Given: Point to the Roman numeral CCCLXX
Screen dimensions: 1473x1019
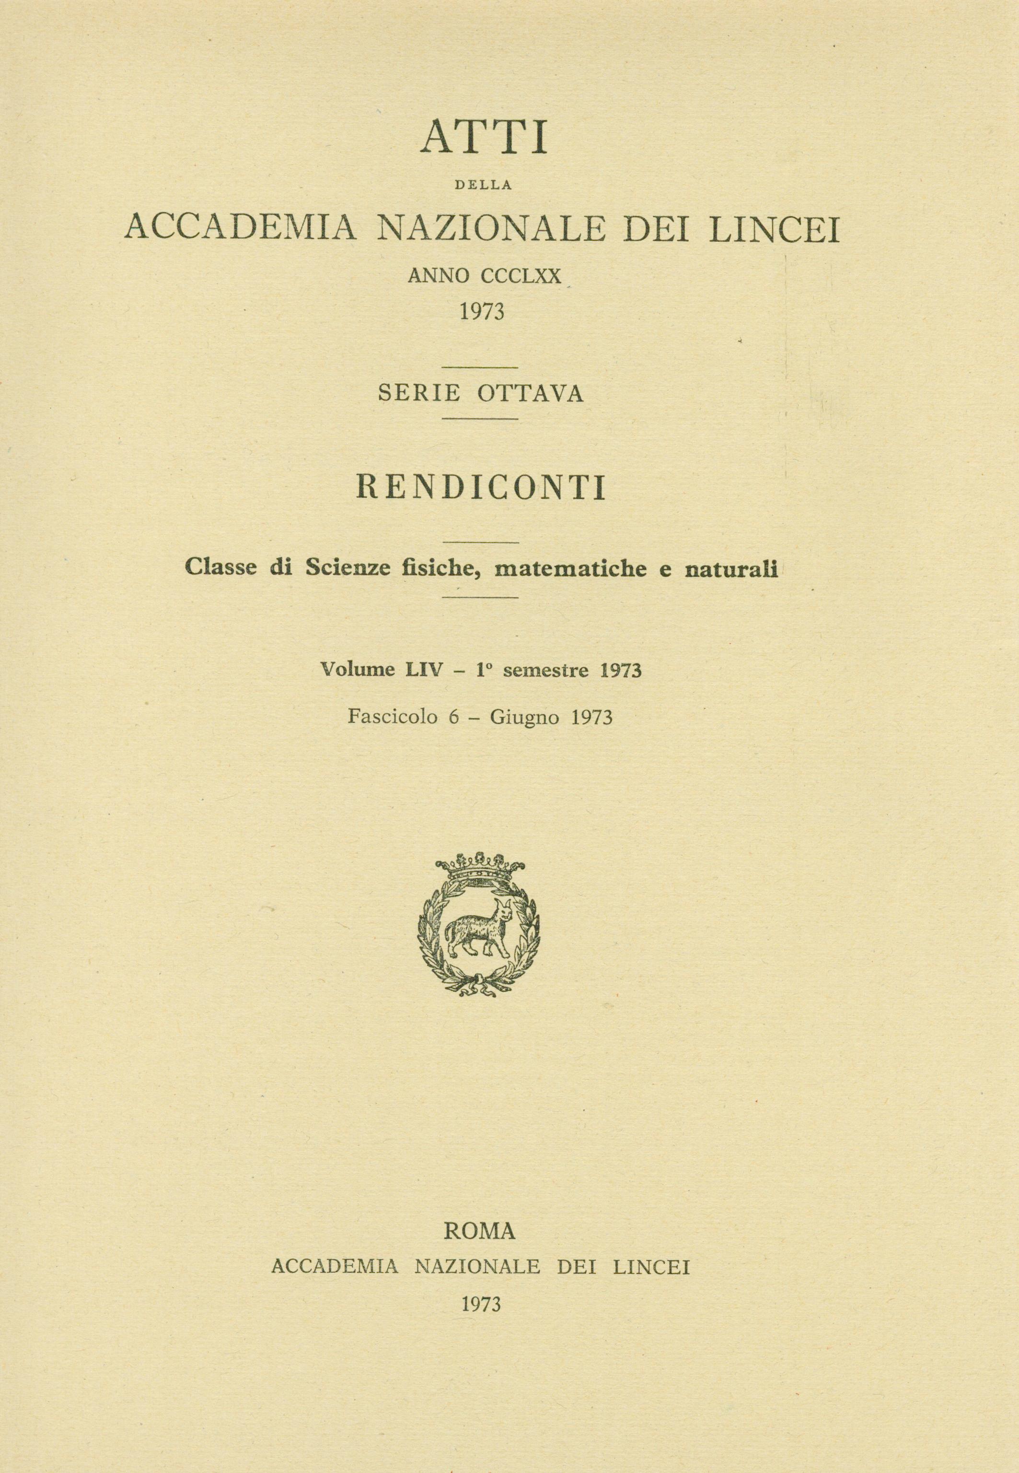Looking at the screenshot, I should point(523,276).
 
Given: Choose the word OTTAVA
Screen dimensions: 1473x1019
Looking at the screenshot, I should point(530,393).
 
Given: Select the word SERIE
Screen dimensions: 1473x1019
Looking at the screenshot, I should point(419,393).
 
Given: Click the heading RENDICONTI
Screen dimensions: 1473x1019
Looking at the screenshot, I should point(483,489).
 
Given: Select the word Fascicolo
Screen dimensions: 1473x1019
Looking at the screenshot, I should point(393,718).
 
